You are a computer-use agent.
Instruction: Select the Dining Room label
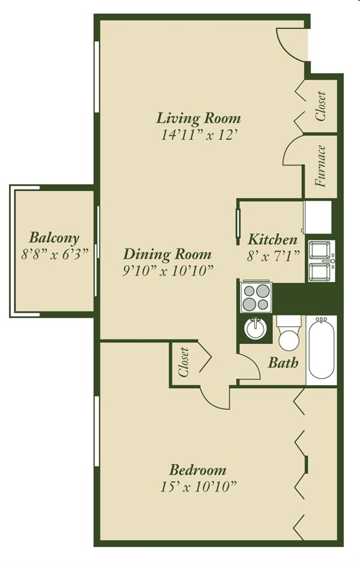pos(167,254)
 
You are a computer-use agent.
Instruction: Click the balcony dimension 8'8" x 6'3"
pos(55,254)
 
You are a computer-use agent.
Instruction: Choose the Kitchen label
pos(273,239)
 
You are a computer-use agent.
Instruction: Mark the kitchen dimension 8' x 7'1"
pos(273,256)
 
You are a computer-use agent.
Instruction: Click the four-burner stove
pos(257,296)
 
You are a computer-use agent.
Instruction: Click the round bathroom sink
pos(256,329)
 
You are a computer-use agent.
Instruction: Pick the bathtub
pos(321,350)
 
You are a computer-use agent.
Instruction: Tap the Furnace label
pos(320,167)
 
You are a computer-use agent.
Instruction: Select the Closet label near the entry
pos(320,106)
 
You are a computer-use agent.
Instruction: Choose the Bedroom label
pos(197,470)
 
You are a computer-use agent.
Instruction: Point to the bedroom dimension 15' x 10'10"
pos(197,486)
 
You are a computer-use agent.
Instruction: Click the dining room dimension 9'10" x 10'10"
pos(167,271)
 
